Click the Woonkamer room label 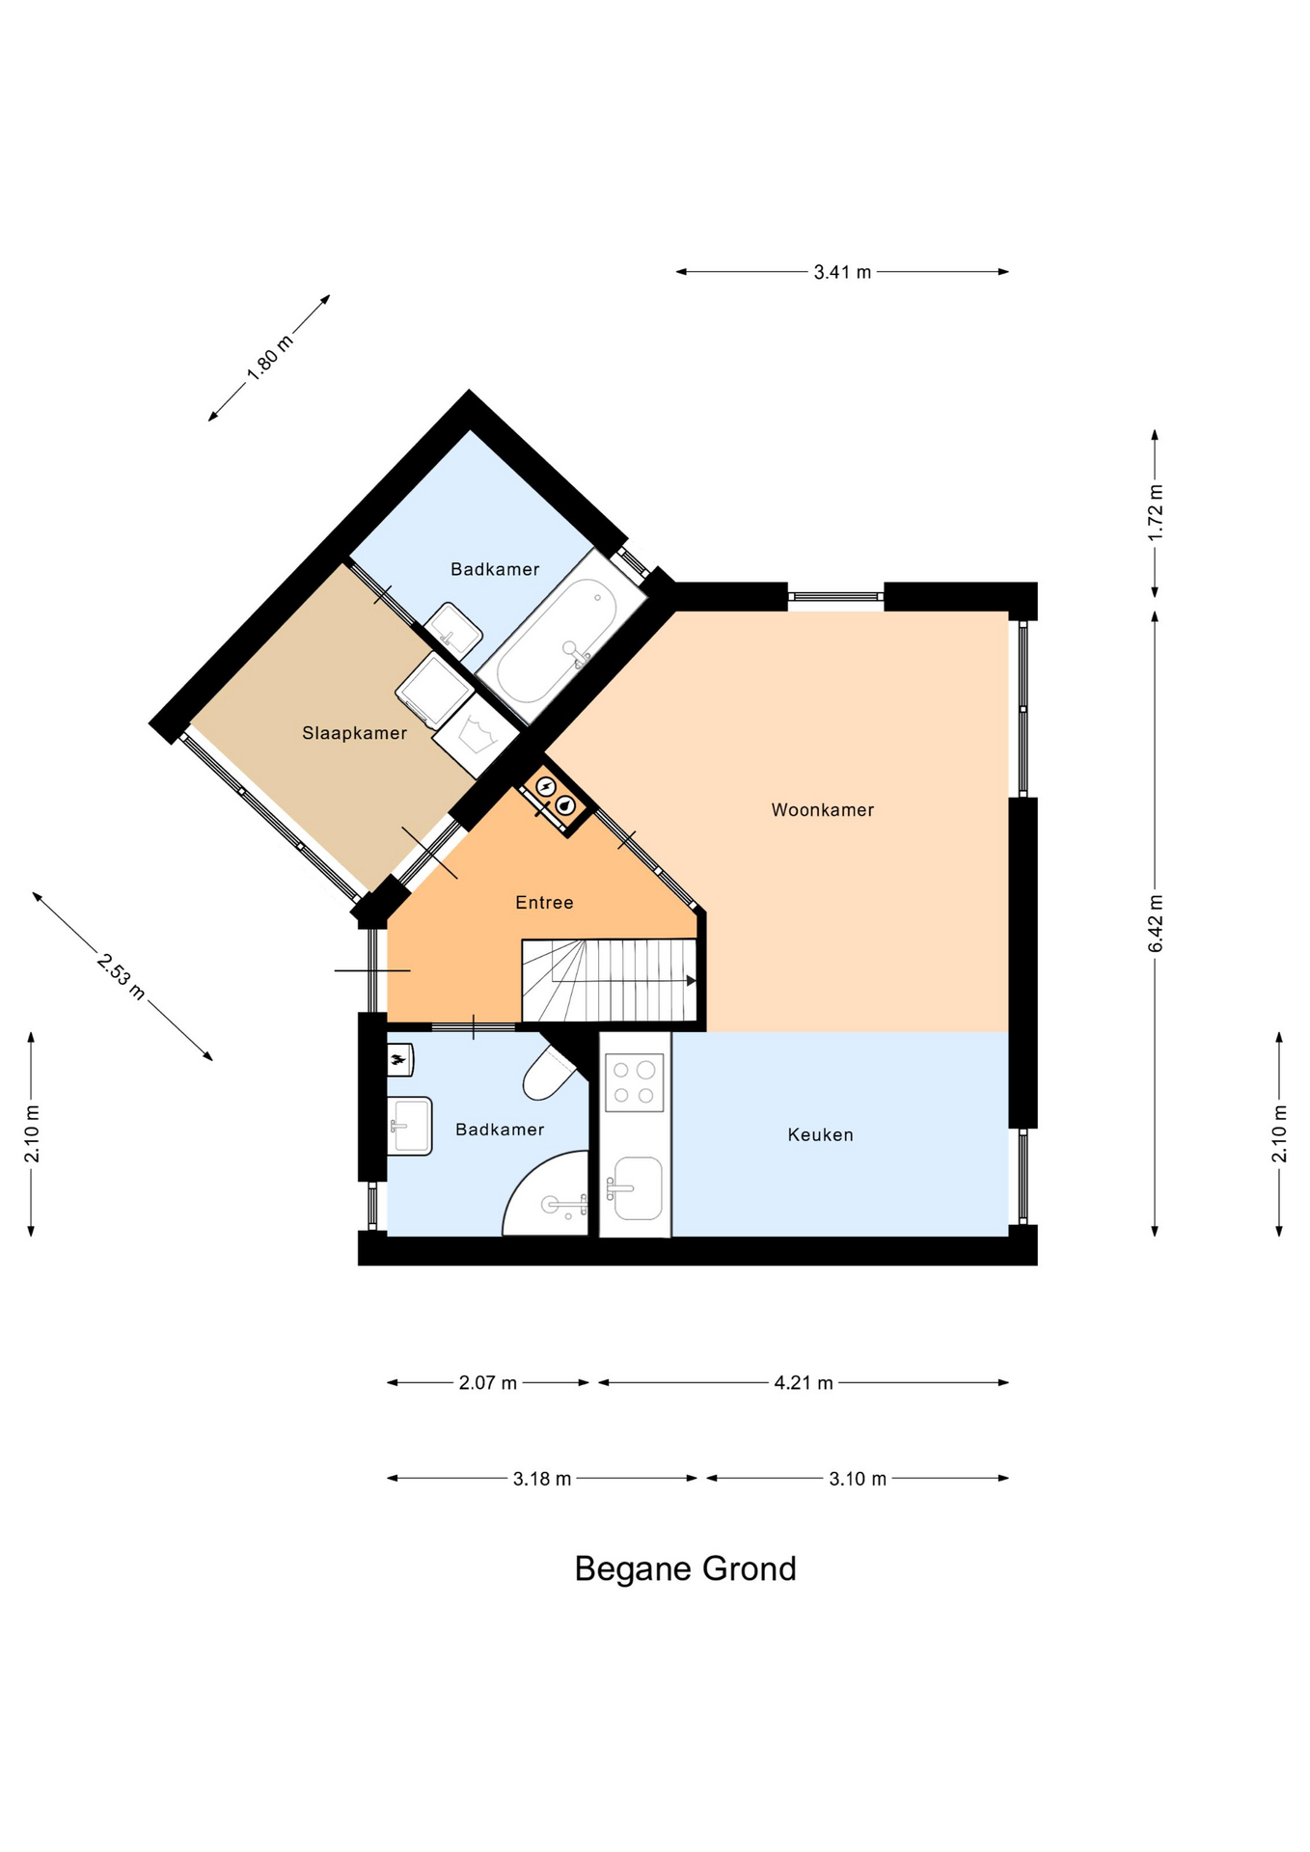(x=822, y=810)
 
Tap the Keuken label (x=820, y=1135)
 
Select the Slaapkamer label (x=354, y=733)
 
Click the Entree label (x=544, y=903)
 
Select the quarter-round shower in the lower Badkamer (x=546, y=1194)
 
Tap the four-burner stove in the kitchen (x=634, y=1082)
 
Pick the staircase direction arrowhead (x=692, y=981)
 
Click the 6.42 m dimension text (x=1156, y=923)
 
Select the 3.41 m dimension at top (x=842, y=272)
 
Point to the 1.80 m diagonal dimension (x=269, y=358)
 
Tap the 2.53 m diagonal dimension (x=122, y=976)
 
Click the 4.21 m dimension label (x=804, y=1383)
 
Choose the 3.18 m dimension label (x=542, y=1479)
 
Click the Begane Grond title (x=685, y=1569)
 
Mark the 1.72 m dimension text (x=1156, y=512)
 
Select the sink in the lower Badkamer (x=410, y=1126)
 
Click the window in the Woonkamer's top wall (x=835, y=596)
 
